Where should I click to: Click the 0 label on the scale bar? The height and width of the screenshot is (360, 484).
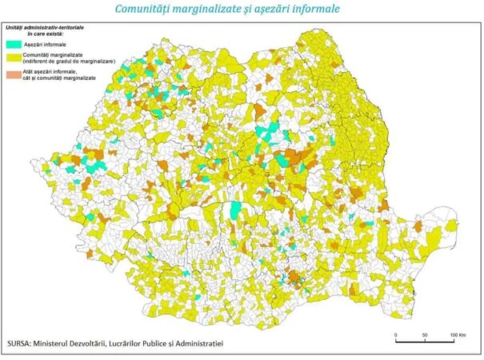coord(395,333)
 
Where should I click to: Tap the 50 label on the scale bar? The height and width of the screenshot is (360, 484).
coord(424,333)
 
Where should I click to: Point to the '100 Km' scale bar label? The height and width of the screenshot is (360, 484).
coord(458,333)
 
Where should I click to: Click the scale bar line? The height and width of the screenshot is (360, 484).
coord(425,341)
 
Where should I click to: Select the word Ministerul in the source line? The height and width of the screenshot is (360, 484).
coord(73,342)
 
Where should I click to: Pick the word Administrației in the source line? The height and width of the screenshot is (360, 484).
coord(194,342)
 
